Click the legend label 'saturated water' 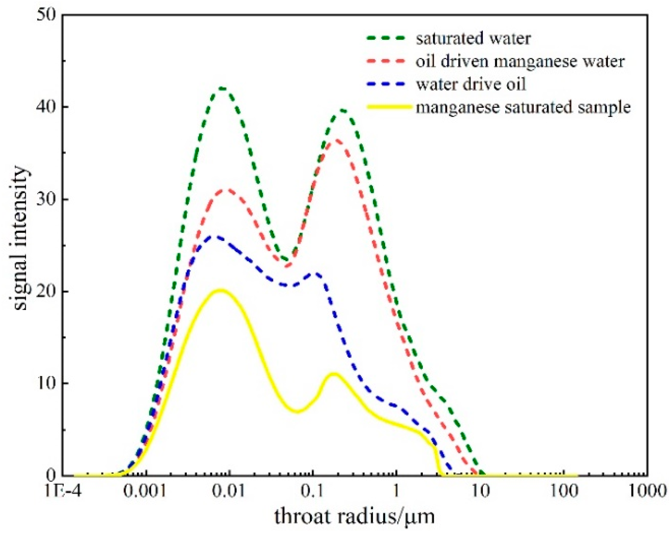click(x=473, y=38)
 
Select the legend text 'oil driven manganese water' click(x=520, y=61)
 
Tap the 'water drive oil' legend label click(x=471, y=84)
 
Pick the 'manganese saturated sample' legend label click(x=523, y=107)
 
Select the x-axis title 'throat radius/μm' click(x=355, y=516)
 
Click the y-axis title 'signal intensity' click(x=21, y=239)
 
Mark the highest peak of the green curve click(x=223, y=88)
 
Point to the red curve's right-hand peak click(x=337, y=140)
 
